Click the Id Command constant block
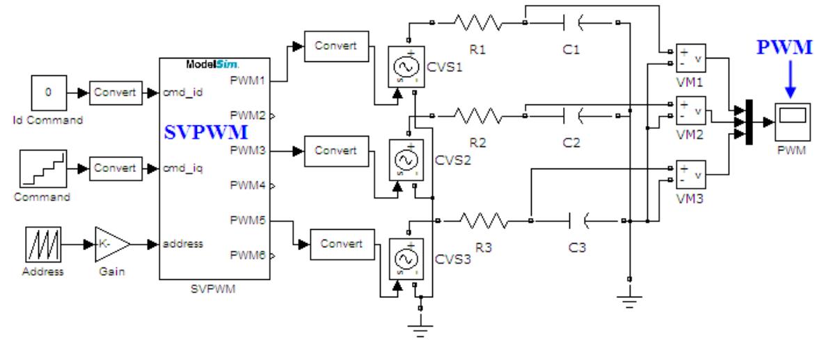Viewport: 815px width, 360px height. click(48, 93)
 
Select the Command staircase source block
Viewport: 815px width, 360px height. click(48, 170)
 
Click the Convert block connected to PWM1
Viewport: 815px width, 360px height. click(335, 46)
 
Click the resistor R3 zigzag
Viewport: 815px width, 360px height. click(484, 221)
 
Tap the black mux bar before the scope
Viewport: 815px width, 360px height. click(748, 123)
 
